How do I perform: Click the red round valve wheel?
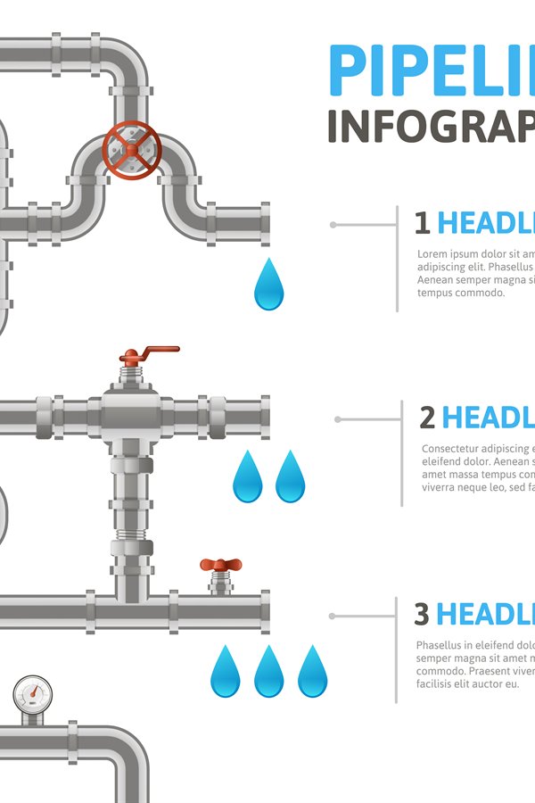click(x=132, y=150)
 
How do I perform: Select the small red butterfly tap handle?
click(x=220, y=565)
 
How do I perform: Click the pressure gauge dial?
click(x=32, y=693)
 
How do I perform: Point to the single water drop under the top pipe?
click(x=268, y=286)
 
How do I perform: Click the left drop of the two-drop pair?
click(x=248, y=477)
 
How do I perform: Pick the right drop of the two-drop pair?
click(x=290, y=477)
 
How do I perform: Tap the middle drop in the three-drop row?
click(x=268, y=672)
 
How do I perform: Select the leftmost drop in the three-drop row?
click(x=225, y=672)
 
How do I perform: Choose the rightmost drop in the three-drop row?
click(x=312, y=672)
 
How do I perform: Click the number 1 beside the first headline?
click(x=422, y=222)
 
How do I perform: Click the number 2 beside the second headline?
click(x=427, y=417)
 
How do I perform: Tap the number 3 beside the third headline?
click(x=422, y=614)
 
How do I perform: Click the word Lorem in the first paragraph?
click(x=433, y=254)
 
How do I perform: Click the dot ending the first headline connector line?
click(x=333, y=225)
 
